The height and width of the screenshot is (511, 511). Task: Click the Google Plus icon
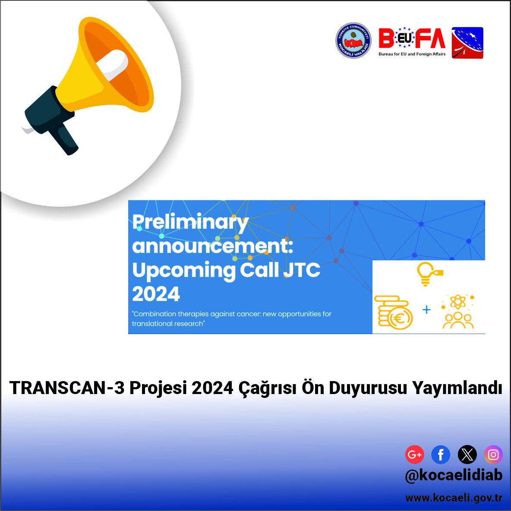tap(414, 454)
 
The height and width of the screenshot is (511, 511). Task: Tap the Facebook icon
tap(441, 454)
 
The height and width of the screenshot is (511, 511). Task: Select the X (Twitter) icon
tap(467, 454)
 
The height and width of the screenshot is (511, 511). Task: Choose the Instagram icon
tap(493, 454)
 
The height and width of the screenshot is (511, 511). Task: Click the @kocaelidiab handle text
tap(454, 476)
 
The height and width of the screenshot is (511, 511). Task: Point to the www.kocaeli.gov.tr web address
tap(454, 498)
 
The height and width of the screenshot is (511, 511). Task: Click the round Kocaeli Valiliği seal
tap(353, 41)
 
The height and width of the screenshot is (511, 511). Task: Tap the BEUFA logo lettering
tap(412, 38)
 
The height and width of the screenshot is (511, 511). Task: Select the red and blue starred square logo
tap(467, 43)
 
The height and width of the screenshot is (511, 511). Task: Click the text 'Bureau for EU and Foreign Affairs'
tap(412, 54)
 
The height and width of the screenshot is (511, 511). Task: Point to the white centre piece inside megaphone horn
tap(113, 65)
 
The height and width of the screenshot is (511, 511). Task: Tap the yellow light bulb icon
tap(429, 274)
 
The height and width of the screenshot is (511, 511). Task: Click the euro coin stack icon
tap(393, 312)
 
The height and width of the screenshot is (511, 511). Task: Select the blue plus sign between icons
tap(426, 309)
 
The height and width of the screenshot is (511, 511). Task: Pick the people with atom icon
tap(458, 311)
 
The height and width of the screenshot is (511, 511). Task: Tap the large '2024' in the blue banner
tap(156, 294)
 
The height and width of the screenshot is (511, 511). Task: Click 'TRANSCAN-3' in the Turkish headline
tap(67, 388)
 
